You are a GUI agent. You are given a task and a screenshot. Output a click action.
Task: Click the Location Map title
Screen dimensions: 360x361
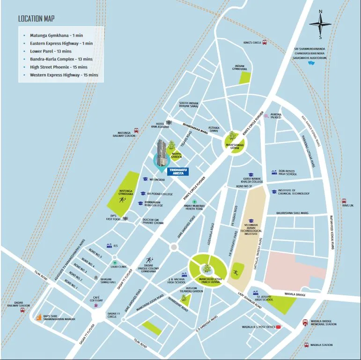click(36, 19)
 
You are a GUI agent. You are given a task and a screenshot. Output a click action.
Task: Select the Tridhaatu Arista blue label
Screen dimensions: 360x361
click(178, 172)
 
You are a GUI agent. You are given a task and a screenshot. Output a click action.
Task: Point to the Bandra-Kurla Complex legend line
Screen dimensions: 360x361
click(61, 59)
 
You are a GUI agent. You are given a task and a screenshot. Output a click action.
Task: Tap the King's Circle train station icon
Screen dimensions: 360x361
click(265, 42)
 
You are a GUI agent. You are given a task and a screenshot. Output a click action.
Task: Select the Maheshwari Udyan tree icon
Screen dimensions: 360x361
click(232, 137)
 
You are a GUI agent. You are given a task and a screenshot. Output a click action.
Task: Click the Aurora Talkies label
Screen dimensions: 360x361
click(276, 116)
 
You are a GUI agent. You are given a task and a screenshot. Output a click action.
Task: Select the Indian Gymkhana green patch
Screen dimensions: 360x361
click(245, 78)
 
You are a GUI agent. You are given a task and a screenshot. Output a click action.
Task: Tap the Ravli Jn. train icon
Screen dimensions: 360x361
click(344, 200)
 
